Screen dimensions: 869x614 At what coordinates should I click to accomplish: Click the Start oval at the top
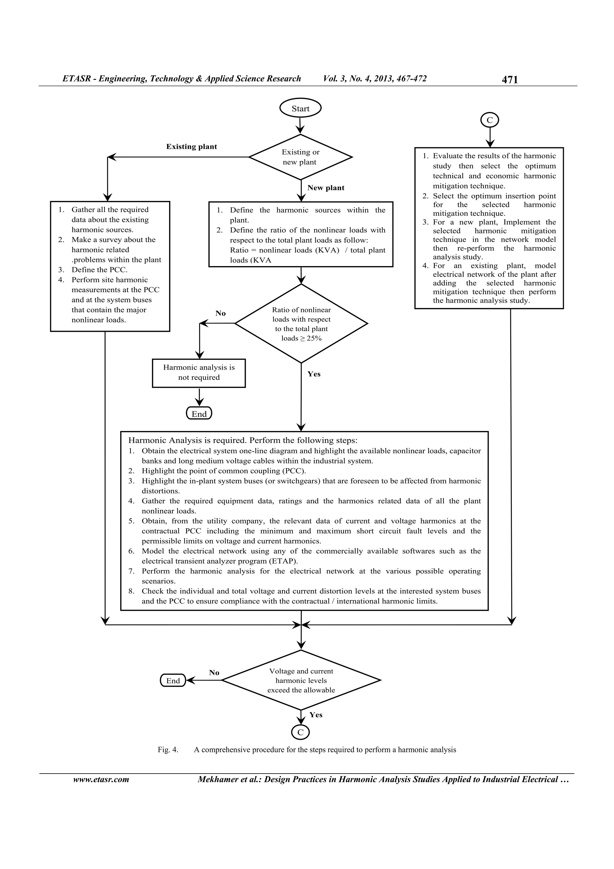300,109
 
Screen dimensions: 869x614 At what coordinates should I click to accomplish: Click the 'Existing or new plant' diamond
300,157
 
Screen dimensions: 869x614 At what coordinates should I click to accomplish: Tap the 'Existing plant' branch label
192,147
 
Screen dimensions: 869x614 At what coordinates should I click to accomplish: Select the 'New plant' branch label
326,188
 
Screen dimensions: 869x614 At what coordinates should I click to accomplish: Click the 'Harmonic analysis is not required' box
198,373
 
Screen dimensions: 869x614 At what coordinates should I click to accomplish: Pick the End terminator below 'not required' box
199,414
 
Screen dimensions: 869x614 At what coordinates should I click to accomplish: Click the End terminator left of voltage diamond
173,681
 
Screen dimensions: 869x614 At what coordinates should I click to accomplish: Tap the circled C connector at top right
490,120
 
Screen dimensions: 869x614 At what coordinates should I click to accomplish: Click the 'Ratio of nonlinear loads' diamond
301,324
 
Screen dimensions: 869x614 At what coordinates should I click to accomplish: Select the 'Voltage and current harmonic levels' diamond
301,681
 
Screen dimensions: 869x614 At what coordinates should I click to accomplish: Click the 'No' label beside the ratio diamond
221,313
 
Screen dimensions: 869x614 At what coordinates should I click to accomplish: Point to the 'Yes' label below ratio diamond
314,374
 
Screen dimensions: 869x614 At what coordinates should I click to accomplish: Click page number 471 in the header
510,79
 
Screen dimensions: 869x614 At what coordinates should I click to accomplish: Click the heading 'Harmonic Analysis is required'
187,441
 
